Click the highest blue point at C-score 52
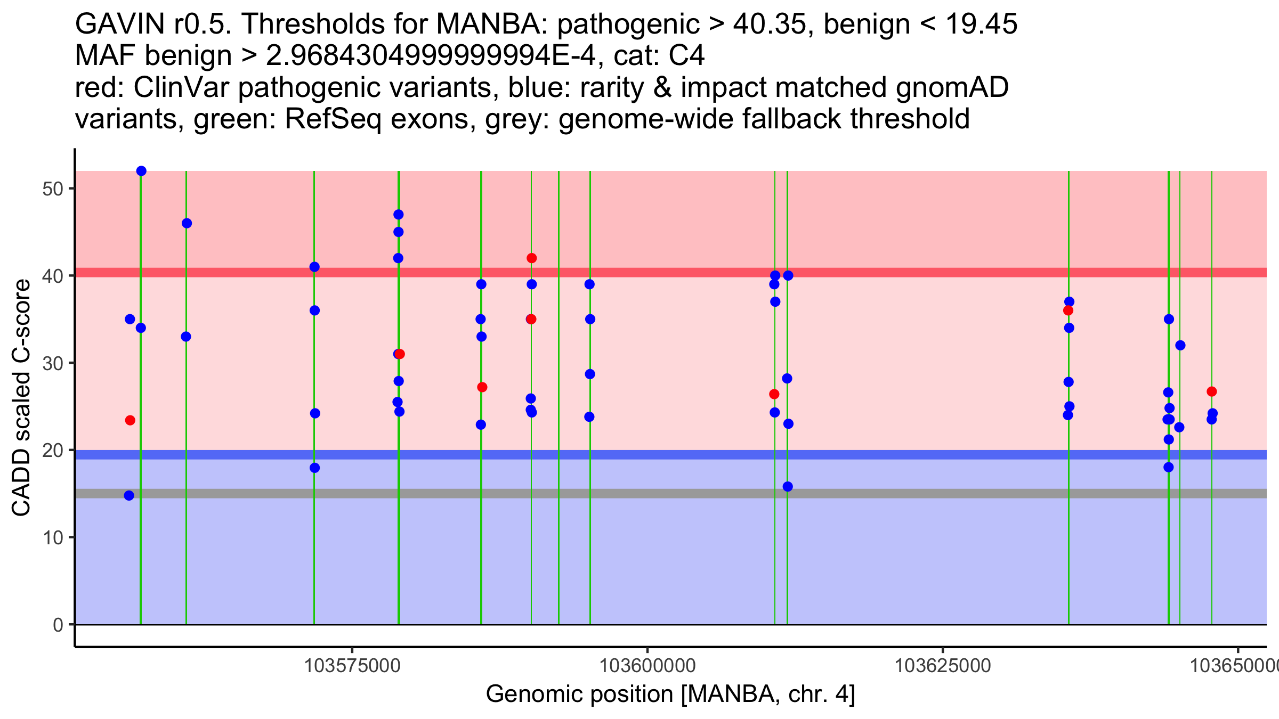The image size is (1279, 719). tap(141, 171)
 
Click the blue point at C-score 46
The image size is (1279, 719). tap(187, 223)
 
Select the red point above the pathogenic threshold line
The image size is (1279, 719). tap(531, 258)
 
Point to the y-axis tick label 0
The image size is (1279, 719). tap(58, 625)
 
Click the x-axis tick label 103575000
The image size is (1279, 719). tap(352, 666)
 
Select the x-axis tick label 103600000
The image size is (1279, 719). tap(647, 666)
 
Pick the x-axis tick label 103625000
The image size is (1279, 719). tap(943, 666)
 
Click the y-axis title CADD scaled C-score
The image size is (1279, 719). tap(21, 398)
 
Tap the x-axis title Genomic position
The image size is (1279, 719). tap(670, 695)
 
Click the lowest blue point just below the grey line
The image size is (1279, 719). tap(129, 495)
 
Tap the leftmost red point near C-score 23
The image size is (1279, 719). tap(130, 420)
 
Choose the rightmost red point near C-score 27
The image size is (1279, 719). tap(1212, 391)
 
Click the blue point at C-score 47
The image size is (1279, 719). tap(398, 215)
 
